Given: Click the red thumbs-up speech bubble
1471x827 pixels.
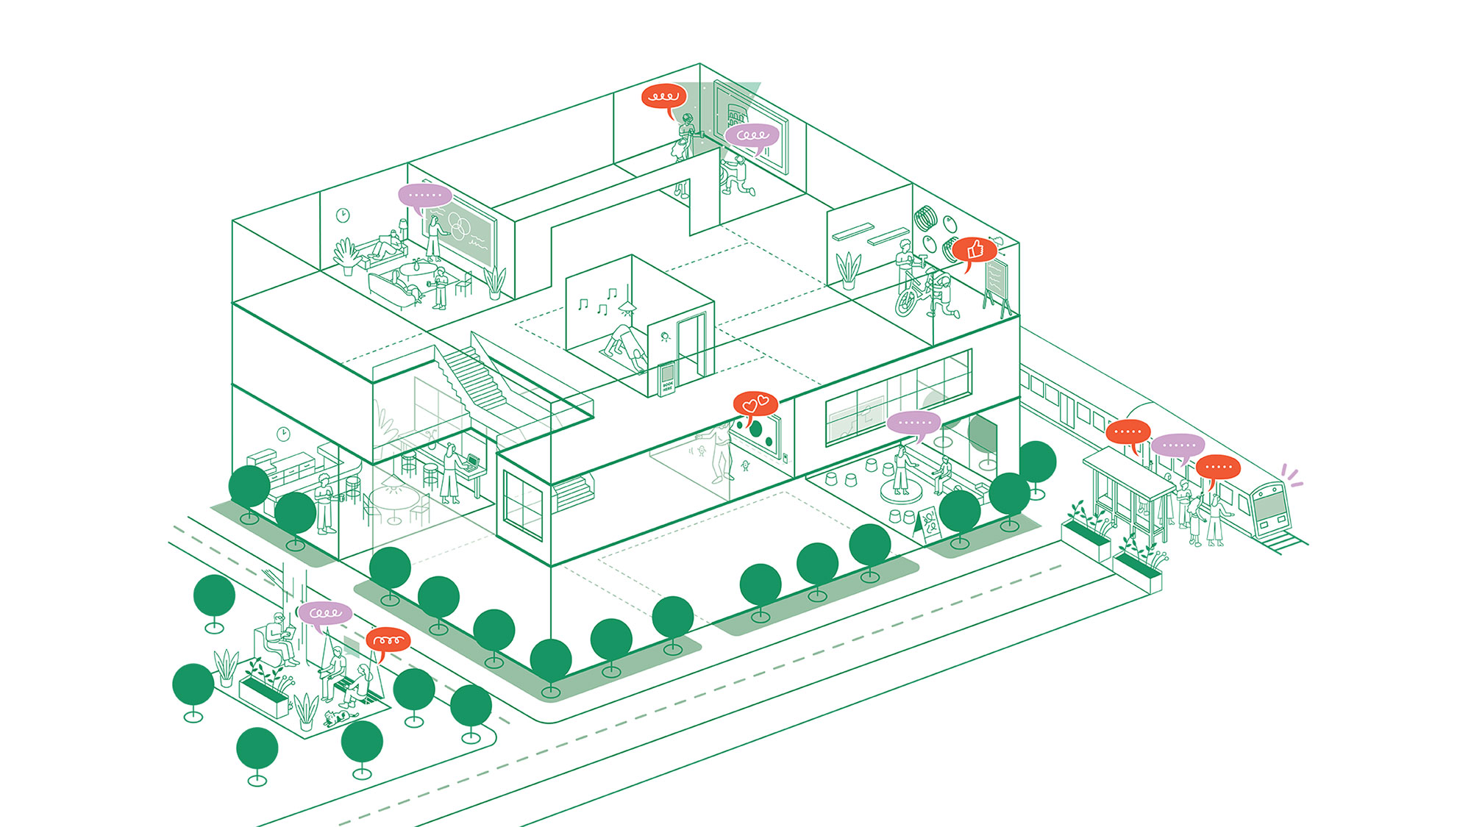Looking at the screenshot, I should point(975,250).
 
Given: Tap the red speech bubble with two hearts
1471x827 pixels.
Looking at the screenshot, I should point(755,404).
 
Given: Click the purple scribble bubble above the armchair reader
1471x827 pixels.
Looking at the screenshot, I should point(325,612).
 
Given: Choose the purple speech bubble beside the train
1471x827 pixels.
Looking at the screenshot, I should point(1178,445).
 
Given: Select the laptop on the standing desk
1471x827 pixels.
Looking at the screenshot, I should point(471,462).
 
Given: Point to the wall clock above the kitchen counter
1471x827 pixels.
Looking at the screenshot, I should point(283,434).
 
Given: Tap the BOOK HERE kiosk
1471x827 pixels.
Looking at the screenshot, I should point(667,378).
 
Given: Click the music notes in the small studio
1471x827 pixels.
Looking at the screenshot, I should point(596,301).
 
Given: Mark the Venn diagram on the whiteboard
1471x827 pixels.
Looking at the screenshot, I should point(459,223).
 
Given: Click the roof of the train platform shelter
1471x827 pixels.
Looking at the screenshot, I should point(1127,470).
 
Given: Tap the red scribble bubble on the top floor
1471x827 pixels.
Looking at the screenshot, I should point(663,96).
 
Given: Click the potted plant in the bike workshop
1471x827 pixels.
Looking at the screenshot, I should point(849,270).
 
